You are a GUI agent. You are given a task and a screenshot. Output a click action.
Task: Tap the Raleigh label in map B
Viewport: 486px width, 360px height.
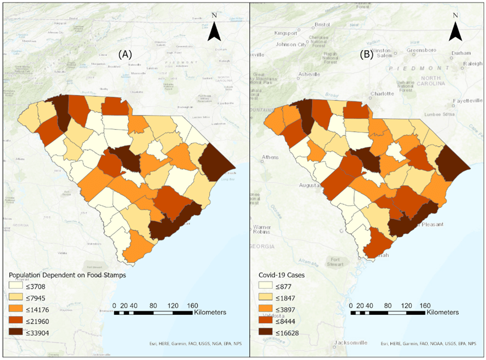click(472, 64)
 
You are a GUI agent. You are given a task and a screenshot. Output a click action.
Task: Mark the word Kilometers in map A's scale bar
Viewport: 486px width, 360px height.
click(210, 312)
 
